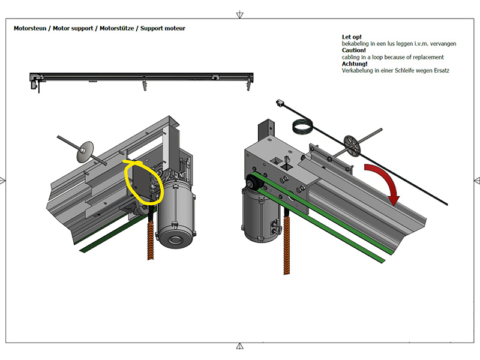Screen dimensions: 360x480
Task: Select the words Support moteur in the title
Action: tap(163, 28)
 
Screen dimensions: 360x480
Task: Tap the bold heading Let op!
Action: tap(352, 37)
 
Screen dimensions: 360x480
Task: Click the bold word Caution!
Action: tap(354, 50)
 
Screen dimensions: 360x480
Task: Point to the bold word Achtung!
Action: tap(355, 64)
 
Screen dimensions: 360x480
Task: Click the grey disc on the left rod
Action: tap(87, 151)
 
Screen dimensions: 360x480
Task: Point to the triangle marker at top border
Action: tap(240, 14)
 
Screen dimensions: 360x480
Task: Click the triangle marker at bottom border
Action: tap(240, 346)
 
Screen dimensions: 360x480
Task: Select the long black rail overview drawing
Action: tap(142, 76)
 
